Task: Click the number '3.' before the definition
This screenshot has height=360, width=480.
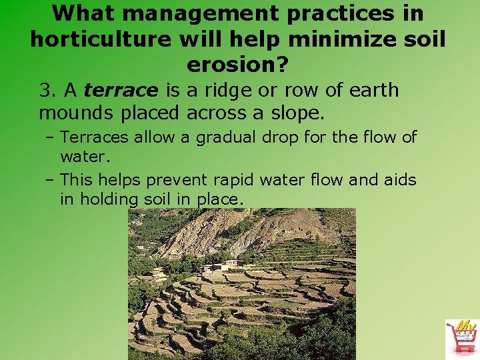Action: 48,90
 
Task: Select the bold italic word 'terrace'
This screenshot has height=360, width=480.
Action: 121,90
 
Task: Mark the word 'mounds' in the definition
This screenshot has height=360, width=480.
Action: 77,113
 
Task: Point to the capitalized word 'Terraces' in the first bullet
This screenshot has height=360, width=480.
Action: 94,137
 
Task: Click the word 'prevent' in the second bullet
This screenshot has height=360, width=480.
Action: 177,180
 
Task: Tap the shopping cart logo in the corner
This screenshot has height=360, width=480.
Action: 461,337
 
